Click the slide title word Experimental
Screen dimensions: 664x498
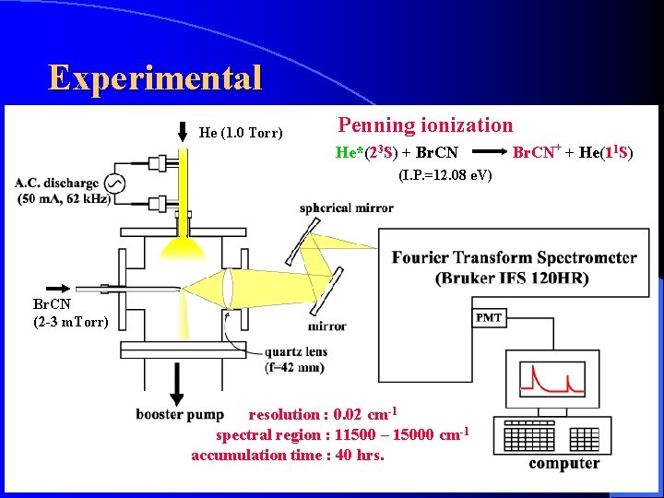[x=155, y=77]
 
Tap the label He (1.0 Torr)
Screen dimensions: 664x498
[x=241, y=133]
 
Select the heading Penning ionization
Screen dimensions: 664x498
[x=425, y=125]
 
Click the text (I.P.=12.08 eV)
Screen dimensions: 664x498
[x=445, y=175]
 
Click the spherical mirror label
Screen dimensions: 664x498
[x=346, y=207]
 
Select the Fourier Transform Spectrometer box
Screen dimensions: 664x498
[x=514, y=267]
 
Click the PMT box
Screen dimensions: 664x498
[x=489, y=317]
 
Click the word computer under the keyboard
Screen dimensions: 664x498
[x=563, y=463]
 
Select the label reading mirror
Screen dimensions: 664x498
[x=327, y=326]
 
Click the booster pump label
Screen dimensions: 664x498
[x=179, y=414]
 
